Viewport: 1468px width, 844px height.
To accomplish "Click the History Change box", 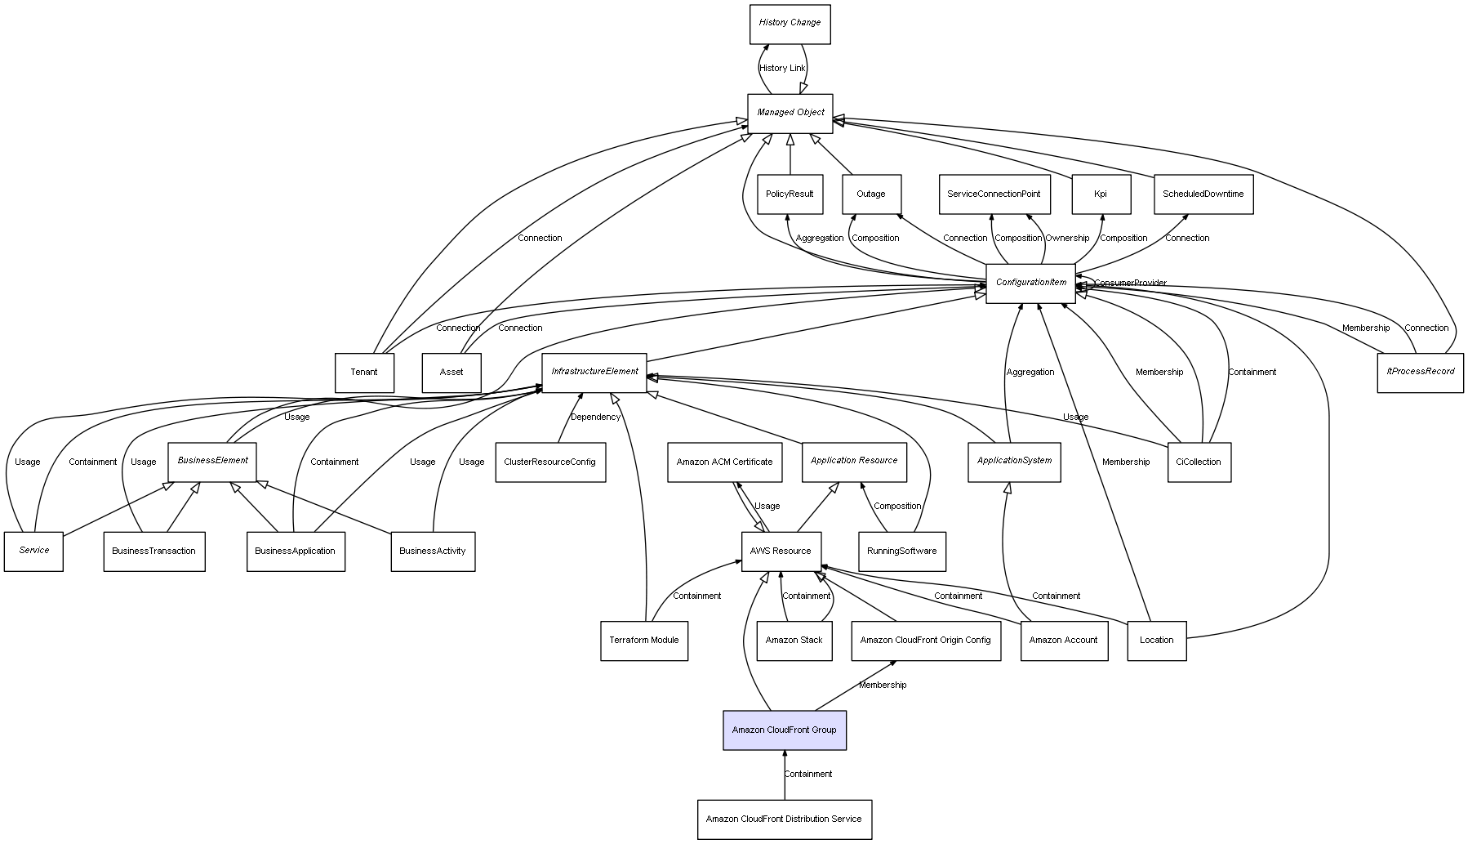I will pos(790,24).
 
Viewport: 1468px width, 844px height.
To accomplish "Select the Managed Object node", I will pos(790,113).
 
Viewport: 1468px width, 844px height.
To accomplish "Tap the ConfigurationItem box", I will pos(1030,283).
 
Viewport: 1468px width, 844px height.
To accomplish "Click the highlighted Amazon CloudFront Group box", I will pos(784,730).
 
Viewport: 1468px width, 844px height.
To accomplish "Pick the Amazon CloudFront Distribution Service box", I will pos(784,819).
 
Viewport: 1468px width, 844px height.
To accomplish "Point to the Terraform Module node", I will pos(643,641).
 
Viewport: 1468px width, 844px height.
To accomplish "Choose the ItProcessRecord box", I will pos(1420,372).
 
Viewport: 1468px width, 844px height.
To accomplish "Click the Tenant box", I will pos(364,373).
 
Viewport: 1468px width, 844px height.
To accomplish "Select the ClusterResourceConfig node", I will pos(549,462).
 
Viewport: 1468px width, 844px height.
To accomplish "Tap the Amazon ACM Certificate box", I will pos(724,462).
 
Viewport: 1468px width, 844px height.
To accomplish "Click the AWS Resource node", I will pos(781,552).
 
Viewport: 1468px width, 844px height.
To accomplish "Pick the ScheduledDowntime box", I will pos(1203,194).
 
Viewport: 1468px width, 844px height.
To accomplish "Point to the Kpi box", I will pos(1101,194).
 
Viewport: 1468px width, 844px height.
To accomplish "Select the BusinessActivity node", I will pos(432,552).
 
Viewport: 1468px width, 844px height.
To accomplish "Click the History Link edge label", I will pos(782,69).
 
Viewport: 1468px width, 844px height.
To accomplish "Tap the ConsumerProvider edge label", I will pos(1130,284).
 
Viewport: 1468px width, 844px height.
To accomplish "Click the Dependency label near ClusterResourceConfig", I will pos(595,418).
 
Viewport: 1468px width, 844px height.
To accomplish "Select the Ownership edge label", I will pos(1067,239).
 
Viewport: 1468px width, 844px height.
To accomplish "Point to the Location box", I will pos(1156,641).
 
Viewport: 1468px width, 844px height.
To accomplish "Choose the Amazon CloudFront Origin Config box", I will pos(925,641).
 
